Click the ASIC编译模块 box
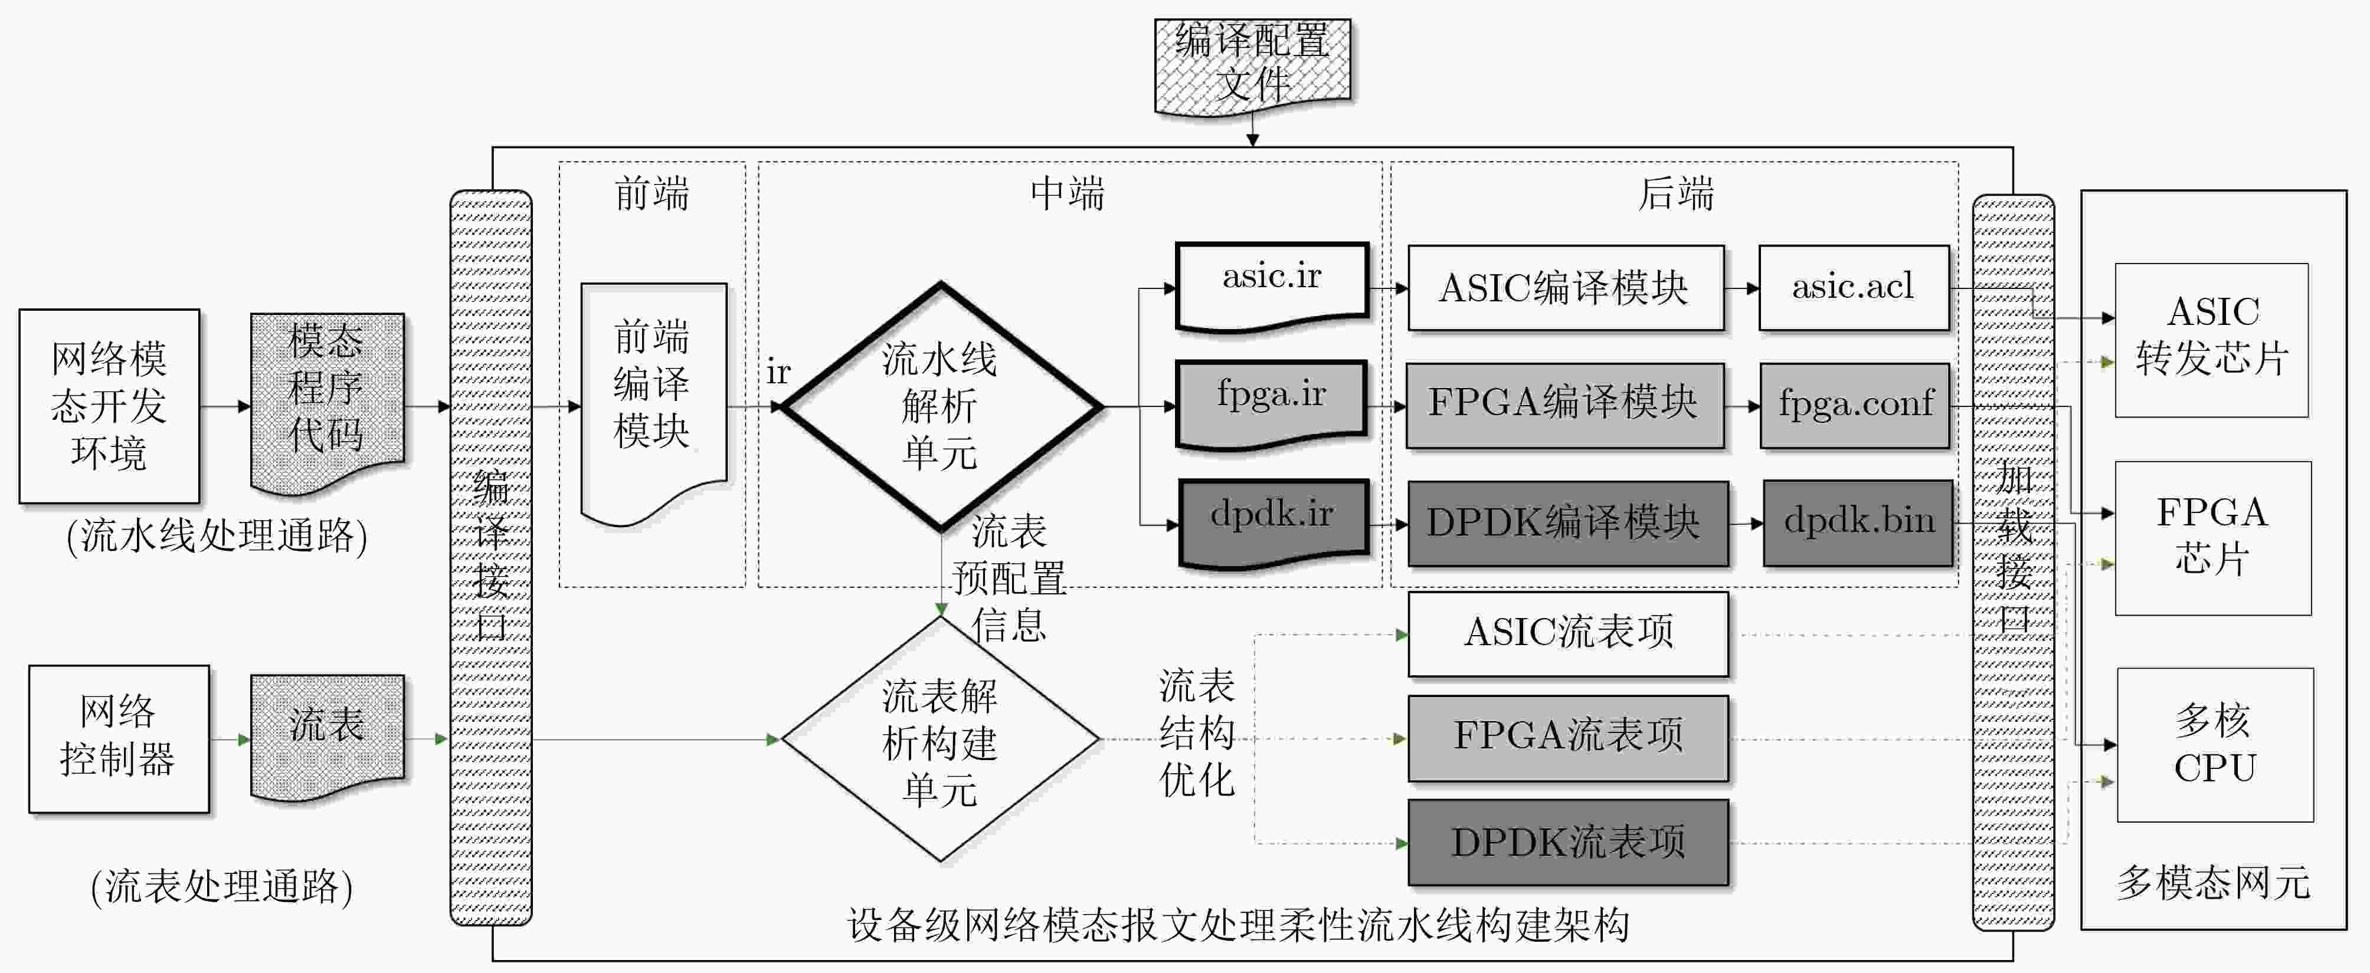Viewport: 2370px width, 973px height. tap(1565, 288)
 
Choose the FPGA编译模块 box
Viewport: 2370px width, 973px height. tap(1564, 405)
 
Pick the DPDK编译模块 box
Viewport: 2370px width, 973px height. tap(1567, 523)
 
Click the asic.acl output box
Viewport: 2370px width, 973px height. tap(1853, 287)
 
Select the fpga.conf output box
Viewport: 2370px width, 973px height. tap(1854, 405)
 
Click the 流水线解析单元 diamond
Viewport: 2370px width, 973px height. tap(940, 406)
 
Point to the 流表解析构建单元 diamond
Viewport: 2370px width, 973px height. tap(940, 739)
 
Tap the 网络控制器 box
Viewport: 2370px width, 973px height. tap(119, 738)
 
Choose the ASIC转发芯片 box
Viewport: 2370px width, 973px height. tap(2211, 339)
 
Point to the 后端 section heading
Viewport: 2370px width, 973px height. tap(1674, 195)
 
